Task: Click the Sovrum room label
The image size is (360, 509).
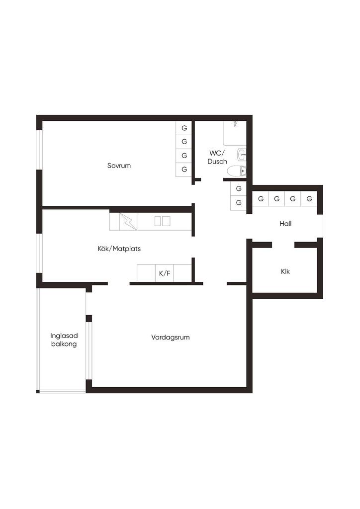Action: click(119, 166)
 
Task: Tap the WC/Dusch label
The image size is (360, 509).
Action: click(217, 157)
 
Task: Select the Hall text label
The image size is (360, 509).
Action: click(285, 223)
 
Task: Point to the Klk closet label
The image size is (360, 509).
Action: click(285, 271)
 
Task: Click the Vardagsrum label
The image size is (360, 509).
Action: click(171, 338)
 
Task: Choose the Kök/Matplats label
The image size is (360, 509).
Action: click(119, 249)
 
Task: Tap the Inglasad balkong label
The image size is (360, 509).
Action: click(64, 340)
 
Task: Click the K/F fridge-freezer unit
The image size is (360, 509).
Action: click(165, 273)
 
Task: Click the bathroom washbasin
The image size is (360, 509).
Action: click(242, 155)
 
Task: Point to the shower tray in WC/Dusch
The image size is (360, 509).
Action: click(234, 133)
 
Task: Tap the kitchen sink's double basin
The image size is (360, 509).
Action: click(162, 221)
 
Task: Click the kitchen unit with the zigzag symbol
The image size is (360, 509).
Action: click(128, 221)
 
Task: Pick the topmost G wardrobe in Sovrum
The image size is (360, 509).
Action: click(184, 128)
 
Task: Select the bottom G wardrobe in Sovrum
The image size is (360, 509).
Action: click(184, 170)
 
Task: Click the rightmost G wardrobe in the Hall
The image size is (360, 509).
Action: click(309, 199)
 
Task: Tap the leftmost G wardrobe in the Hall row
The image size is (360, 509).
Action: click(261, 199)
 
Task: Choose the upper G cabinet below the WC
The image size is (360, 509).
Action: click(239, 188)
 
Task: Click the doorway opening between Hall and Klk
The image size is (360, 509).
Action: click(283, 245)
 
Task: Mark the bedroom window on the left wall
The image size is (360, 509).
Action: click(39, 150)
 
